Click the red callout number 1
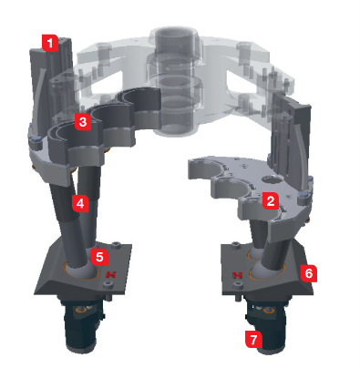[x=50, y=43]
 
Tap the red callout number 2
[x=270, y=200]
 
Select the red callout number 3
[x=83, y=122]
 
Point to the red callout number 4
[x=80, y=203]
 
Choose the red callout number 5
[x=99, y=257]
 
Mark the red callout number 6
[x=308, y=273]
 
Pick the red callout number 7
[x=253, y=339]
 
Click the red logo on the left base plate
[x=111, y=275]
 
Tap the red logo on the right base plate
[x=237, y=275]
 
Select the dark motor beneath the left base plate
[x=82, y=325]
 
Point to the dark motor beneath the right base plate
[x=266, y=326]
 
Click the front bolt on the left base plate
[x=107, y=284]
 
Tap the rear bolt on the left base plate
[x=116, y=245]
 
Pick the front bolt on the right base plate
[x=238, y=285]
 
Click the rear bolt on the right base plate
[x=235, y=245]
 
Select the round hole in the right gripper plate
[x=273, y=179]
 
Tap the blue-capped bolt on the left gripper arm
[x=36, y=139]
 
